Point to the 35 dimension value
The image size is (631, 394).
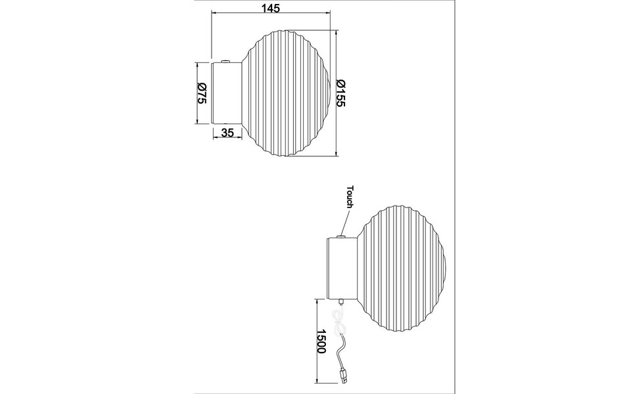click(227, 133)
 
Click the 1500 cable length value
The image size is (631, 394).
click(322, 342)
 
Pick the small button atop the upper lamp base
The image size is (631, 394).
click(225, 62)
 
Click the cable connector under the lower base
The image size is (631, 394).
click(341, 302)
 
